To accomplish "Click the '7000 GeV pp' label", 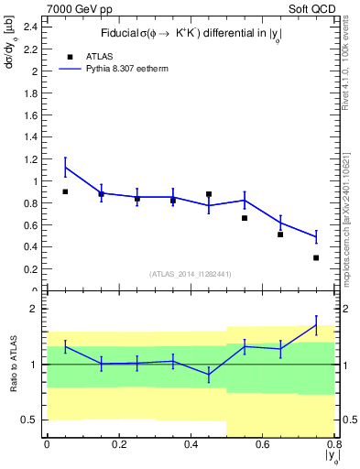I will click(x=75, y=7).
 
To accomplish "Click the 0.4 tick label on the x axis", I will click(x=191, y=445).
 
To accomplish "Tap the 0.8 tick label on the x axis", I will click(x=333, y=445).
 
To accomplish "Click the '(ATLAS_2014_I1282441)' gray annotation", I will click(x=190, y=274).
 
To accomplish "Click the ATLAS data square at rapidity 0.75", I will click(x=316, y=257).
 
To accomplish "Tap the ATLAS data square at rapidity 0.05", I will click(x=65, y=191).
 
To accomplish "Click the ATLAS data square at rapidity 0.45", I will click(x=209, y=194).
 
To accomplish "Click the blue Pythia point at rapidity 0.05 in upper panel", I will click(x=65, y=167).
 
